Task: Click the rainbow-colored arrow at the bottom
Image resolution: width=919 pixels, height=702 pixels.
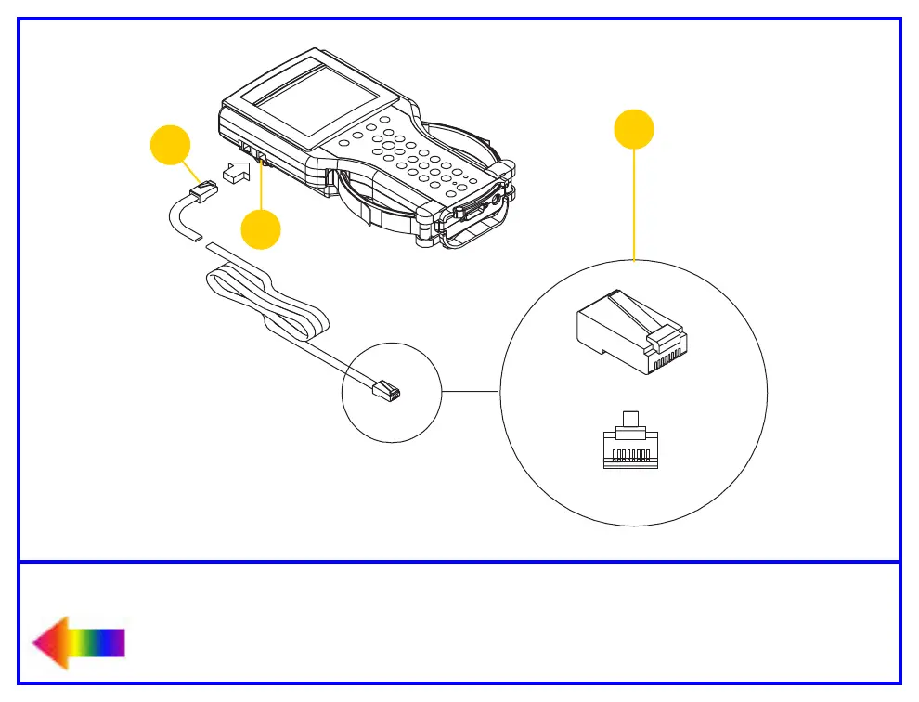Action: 77,643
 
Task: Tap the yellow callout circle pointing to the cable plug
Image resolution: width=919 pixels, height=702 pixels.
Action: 171,147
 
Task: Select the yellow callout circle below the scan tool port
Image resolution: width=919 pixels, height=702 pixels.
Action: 261,229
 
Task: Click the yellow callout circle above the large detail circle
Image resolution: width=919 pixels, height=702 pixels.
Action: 634,129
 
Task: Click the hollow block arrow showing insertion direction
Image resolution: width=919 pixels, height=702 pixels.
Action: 238,172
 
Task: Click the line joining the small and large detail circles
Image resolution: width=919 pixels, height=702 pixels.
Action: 471,392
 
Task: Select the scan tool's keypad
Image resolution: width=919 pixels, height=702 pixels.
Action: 408,158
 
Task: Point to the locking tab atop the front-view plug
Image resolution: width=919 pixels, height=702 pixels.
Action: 631,419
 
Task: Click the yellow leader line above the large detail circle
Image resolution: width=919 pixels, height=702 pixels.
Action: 634,204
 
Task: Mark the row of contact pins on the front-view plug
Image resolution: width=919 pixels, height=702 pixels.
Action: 631,454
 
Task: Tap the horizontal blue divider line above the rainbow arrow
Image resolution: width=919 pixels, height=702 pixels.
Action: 459,561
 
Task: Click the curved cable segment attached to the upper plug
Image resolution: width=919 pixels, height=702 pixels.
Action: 178,221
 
